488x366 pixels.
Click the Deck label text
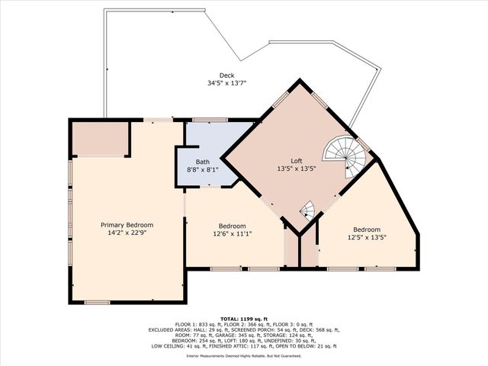pyautogui.click(x=226, y=75)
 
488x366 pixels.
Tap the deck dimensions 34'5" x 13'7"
pyautogui.click(x=226, y=83)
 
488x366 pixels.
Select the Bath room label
pyautogui.click(x=202, y=162)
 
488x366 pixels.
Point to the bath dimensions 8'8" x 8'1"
pyautogui.click(x=202, y=169)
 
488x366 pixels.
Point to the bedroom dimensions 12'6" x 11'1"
pyautogui.click(x=232, y=234)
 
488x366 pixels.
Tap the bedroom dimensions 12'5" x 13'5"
pyautogui.click(x=366, y=237)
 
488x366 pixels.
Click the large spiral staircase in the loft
pyautogui.click(x=345, y=155)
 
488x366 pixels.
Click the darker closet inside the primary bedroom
pyautogui.click(x=99, y=139)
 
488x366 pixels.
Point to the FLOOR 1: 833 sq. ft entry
pyautogui.click(x=197, y=324)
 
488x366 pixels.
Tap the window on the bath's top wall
pyautogui.click(x=204, y=120)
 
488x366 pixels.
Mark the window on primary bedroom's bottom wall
pyautogui.click(x=97, y=303)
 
